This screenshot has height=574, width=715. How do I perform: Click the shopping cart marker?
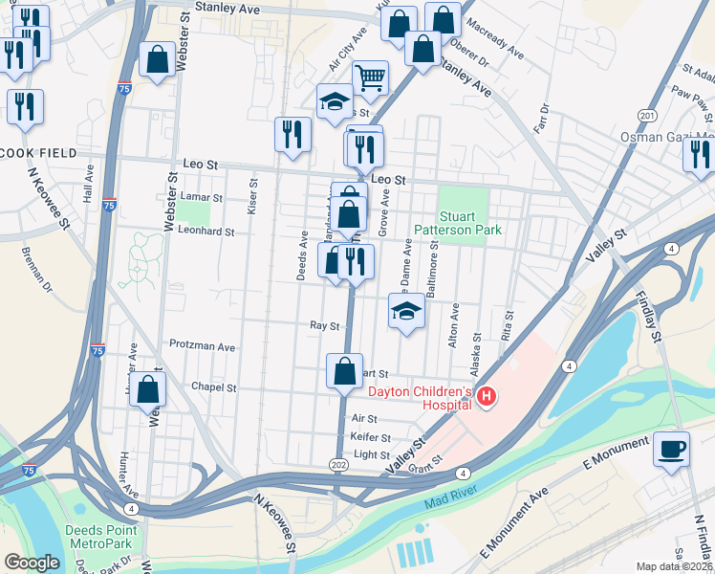370,78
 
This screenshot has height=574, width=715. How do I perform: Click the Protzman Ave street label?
202,345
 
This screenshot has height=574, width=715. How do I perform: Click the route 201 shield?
648,116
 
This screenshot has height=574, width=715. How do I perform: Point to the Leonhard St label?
206,231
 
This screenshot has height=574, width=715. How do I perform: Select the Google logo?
32,563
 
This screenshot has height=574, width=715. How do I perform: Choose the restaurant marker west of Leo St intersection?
292,135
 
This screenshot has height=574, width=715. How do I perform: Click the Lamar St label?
201,198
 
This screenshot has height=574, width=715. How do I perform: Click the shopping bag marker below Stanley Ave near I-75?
156,60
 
